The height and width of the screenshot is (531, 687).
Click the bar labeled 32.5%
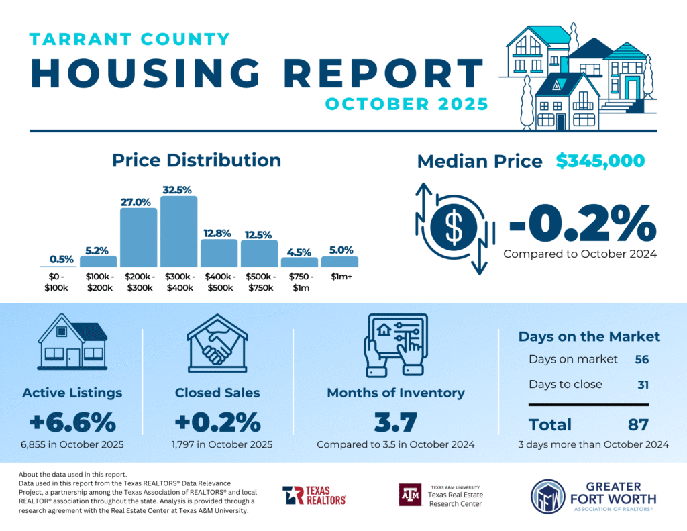(179, 232)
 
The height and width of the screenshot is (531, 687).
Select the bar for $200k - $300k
(139, 238)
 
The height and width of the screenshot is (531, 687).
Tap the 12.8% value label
(219, 233)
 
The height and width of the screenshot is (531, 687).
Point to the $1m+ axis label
(339, 277)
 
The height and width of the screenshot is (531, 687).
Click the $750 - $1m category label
(299, 282)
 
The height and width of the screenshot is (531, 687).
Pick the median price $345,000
(600, 161)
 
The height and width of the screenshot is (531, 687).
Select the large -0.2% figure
(581, 224)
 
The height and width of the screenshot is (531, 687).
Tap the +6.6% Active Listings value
(72, 422)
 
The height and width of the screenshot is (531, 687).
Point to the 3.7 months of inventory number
(395, 422)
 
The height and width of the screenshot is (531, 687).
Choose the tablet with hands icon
(395, 344)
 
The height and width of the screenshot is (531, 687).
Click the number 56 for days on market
(642, 359)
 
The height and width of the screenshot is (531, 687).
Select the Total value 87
(637, 424)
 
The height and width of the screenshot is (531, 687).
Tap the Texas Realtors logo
(314, 495)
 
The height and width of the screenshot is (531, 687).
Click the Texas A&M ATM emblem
(409, 495)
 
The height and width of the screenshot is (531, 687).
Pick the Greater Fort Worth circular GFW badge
(547, 496)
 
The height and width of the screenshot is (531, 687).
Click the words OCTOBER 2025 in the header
(406, 105)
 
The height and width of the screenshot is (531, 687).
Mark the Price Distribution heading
(197, 160)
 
